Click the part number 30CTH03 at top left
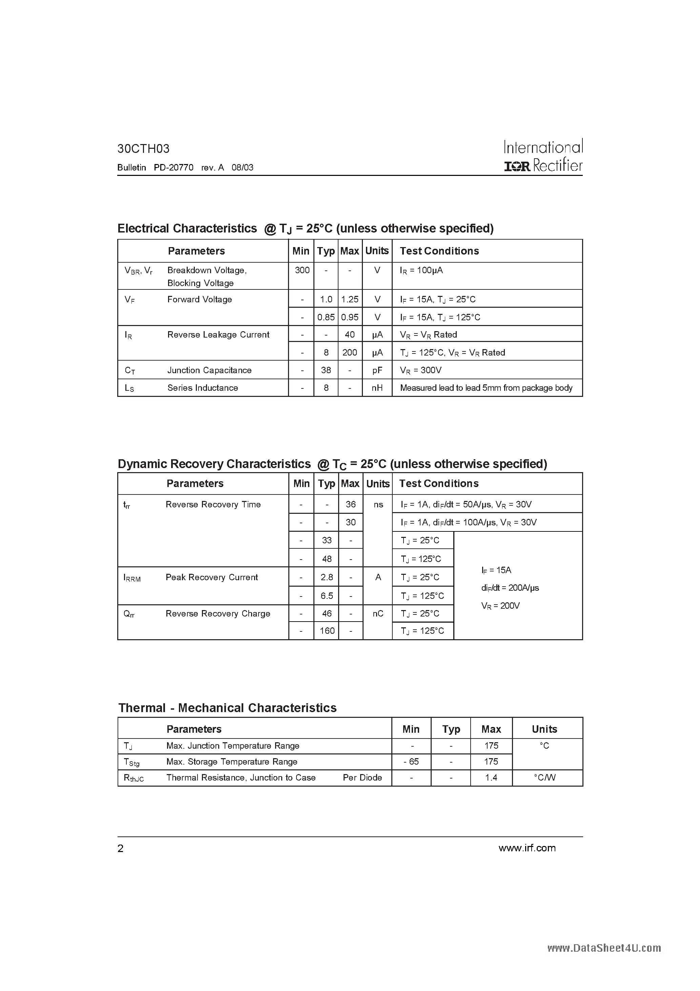pyautogui.click(x=143, y=149)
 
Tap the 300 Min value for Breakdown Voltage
pyautogui.click(x=302, y=270)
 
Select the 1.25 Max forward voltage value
pyautogui.click(x=350, y=300)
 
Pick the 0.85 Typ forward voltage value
pyautogui.click(x=326, y=317)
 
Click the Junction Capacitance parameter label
pyautogui.click(x=209, y=370)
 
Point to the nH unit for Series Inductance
pyautogui.click(x=377, y=388)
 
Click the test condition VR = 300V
pyautogui.click(x=420, y=370)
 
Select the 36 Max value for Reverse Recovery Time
pyautogui.click(x=350, y=504)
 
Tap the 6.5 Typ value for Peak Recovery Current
pyautogui.click(x=327, y=595)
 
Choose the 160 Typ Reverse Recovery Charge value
pyautogui.click(x=327, y=631)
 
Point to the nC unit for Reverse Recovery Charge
pyautogui.click(x=378, y=613)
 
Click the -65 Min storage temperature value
pyautogui.click(x=411, y=761)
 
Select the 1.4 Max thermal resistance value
pyautogui.click(x=491, y=777)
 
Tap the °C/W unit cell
pyautogui.click(x=544, y=777)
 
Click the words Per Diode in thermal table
pyautogui.click(x=362, y=777)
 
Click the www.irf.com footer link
pyautogui.click(x=527, y=848)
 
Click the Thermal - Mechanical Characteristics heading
pyautogui.click(x=227, y=708)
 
